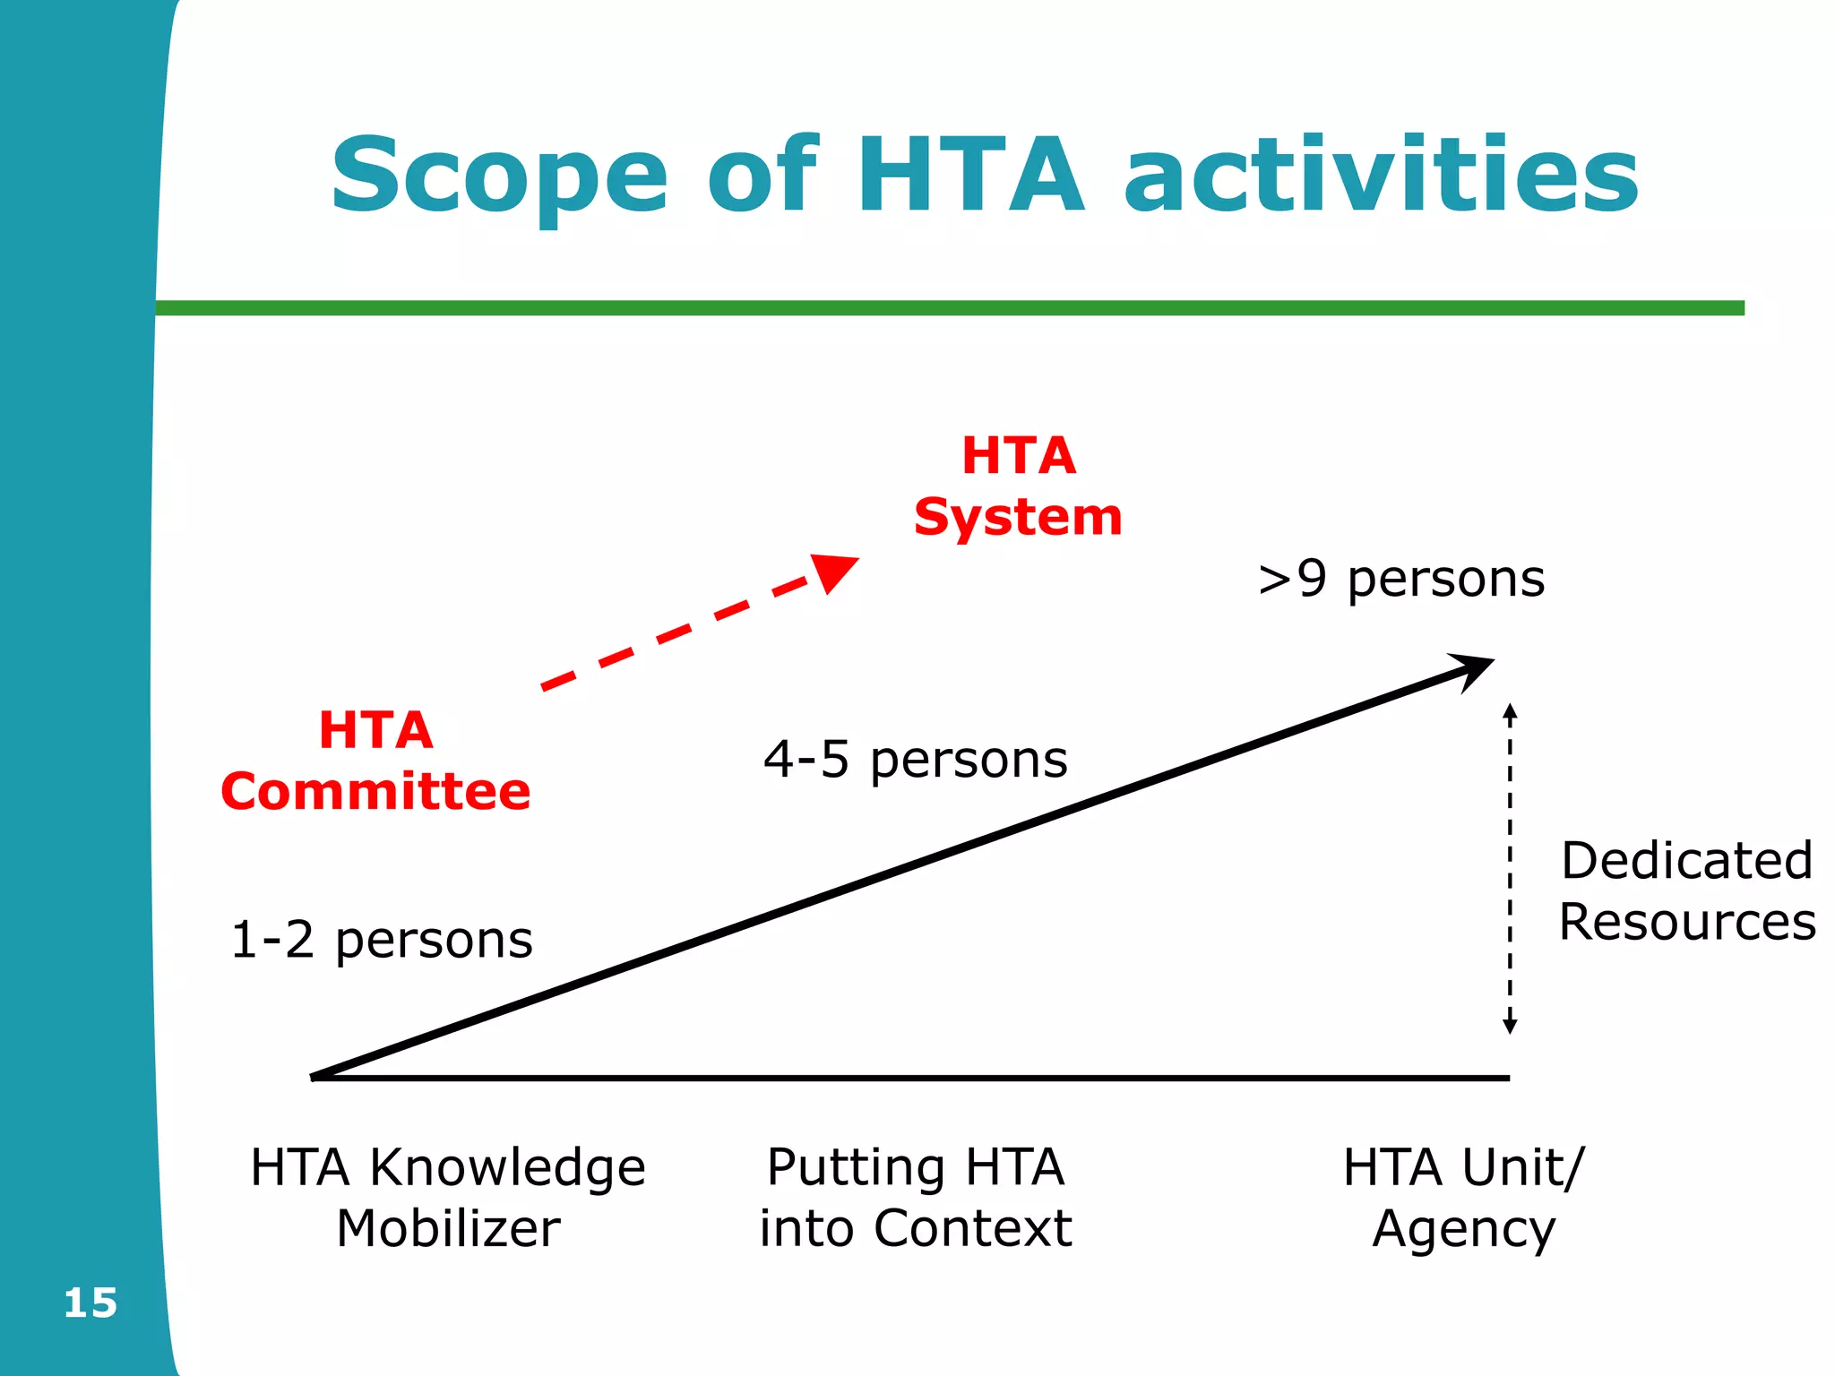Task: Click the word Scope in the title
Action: pos(499,177)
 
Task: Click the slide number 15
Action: pos(90,1303)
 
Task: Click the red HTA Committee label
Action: pos(376,761)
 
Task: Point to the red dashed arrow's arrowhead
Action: pos(832,572)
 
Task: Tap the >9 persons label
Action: pos(1401,579)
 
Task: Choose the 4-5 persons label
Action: pos(916,760)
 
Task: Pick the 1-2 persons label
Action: pos(382,941)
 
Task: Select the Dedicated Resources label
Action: pos(1687,890)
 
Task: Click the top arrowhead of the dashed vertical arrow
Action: pos(1510,713)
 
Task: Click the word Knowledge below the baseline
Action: pos(508,1168)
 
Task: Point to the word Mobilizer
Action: pos(448,1228)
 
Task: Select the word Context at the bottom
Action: pos(973,1228)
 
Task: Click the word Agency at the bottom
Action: pos(1464,1230)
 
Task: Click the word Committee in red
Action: pos(376,792)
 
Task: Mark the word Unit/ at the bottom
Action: pos(1522,1168)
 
